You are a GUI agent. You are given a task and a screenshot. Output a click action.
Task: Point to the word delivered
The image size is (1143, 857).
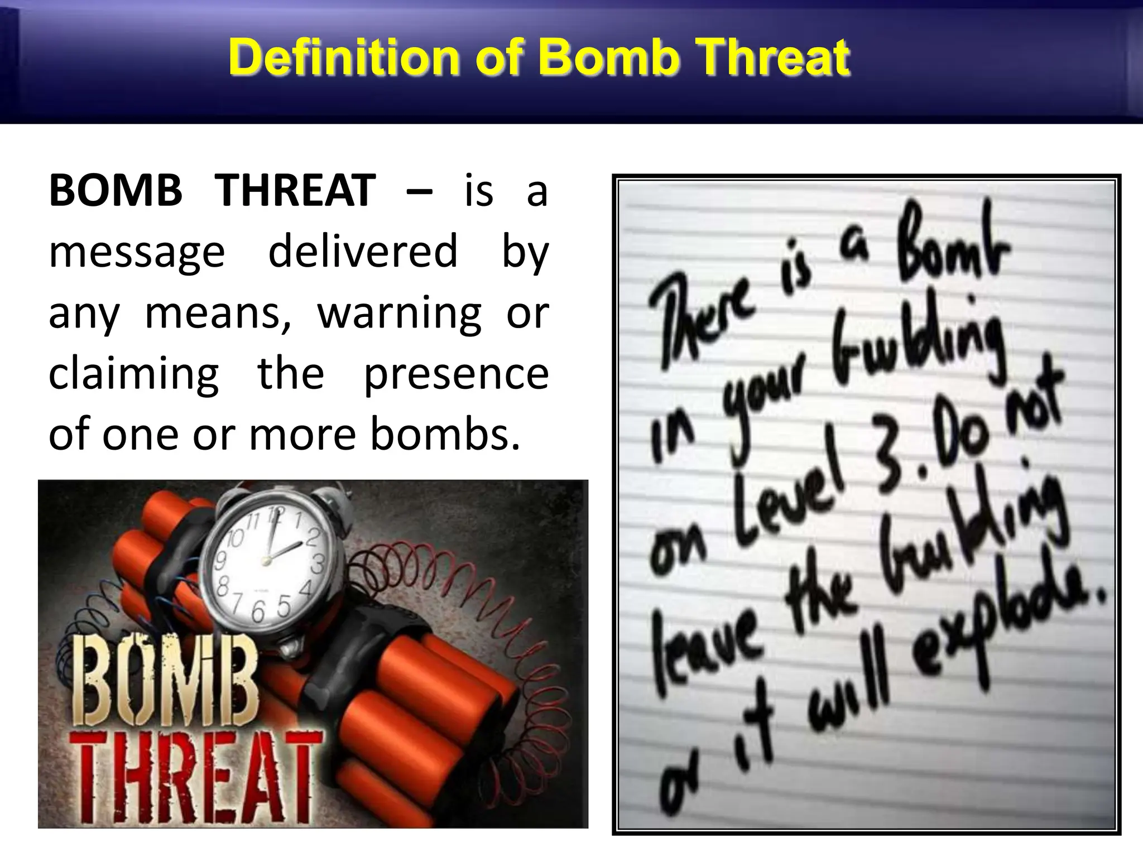[363, 251]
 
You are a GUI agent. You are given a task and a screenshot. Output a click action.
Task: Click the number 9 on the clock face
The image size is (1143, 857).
[221, 560]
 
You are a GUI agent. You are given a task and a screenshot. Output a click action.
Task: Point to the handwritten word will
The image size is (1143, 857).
[848, 697]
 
